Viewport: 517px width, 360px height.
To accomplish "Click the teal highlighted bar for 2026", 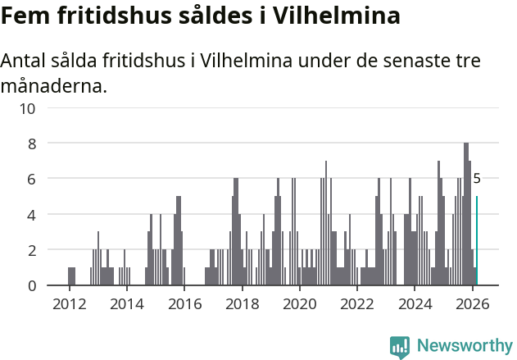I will coord(477,241).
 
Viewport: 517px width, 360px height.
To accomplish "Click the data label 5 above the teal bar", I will coord(477,178).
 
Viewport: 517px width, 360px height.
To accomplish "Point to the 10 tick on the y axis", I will coord(28,108).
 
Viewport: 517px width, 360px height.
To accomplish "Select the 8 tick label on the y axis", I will coord(32,144).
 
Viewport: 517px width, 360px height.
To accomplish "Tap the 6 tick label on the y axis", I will coord(32,179).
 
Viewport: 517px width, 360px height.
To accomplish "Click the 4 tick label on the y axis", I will coord(32,215).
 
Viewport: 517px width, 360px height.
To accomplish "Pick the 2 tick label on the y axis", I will coord(32,250).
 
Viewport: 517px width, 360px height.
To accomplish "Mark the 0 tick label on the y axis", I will coord(32,285).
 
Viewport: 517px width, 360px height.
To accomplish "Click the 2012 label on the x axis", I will coord(69,304).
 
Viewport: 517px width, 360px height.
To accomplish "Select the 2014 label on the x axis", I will coord(126,304).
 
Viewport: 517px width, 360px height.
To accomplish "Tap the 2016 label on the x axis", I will coord(184,304).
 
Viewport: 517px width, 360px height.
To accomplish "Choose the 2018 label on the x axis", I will coord(242,304).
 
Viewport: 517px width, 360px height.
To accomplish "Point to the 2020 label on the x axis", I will coord(299,304).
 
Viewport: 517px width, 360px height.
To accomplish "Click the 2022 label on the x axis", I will coord(357,304).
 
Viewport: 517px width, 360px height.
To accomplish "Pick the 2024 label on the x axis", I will coord(415,304).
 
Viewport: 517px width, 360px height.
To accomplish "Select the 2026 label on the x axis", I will coord(472,304).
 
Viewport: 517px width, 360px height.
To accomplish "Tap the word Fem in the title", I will coord(25,16).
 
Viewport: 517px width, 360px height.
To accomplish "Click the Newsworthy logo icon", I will coord(400,346).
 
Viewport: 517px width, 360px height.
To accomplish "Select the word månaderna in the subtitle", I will coord(54,85).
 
